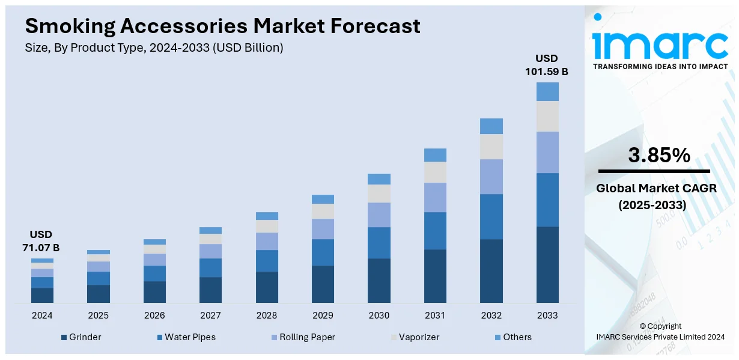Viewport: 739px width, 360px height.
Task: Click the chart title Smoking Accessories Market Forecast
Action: click(x=222, y=26)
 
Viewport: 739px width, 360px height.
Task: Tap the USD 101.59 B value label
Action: click(x=547, y=65)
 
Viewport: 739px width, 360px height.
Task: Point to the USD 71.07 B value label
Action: click(x=42, y=240)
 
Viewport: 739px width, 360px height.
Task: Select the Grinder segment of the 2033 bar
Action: click(x=547, y=264)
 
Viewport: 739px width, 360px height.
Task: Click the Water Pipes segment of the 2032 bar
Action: click(x=491, y=216)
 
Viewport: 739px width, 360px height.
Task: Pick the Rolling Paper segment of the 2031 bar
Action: click(x=435, y=197)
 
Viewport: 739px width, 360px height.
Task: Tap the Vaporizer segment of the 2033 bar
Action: click(x=547, y=116)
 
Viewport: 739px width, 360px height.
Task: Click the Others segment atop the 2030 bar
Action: click(x=379, y=178)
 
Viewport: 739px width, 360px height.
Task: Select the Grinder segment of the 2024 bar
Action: click(x=42, y=294)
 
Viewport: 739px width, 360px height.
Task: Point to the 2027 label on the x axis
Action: click(x=210, y=316)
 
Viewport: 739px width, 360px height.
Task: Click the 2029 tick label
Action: click(x=323, y=316)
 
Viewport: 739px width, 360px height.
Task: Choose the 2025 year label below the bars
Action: click(x=99, y=316)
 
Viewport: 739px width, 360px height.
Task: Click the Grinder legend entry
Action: click(x=81, y=337)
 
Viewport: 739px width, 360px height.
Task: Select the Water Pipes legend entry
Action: click(x=186, y=337)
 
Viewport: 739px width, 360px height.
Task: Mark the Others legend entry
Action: click(x=512, y=337)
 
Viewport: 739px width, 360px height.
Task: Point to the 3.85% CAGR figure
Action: click(x=659, y=156)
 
